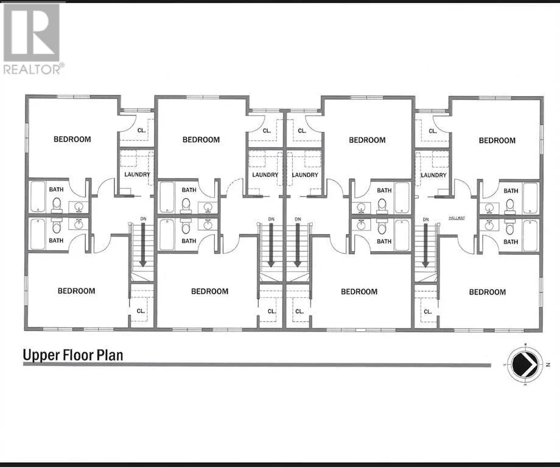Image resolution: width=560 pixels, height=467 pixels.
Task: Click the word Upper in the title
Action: coord(41,355)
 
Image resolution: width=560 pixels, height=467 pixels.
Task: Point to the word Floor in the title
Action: coord(77,355)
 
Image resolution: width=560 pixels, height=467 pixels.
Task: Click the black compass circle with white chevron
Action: coord(523,365)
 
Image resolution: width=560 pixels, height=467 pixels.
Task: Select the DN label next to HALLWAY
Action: coord(425,219)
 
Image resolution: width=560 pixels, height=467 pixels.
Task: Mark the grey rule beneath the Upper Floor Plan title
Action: coord(256,365)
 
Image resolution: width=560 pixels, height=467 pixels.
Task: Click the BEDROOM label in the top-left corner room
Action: coord(72,139)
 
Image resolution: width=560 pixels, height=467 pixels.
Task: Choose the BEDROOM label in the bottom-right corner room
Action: coord(487,292)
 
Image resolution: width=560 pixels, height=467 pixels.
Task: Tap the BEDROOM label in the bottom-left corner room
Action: coord(76,291)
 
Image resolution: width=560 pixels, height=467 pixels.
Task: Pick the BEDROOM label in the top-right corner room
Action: coord(497,140)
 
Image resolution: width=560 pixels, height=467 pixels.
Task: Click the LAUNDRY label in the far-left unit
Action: coord(136,175)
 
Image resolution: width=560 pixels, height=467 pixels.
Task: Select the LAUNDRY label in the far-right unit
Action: coord(433,175)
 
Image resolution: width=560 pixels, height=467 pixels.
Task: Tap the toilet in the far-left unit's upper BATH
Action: coord(57,204)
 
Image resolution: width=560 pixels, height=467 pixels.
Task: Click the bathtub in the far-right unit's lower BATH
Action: coord(530,235)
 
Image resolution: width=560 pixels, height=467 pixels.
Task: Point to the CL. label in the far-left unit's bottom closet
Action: coord(141,311)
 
